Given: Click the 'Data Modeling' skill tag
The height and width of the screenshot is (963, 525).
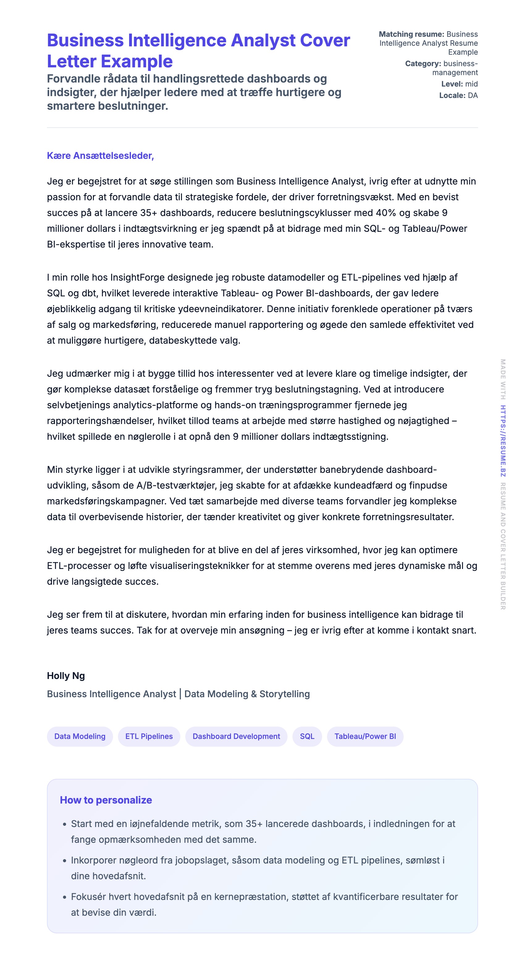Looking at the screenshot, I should [80, 736].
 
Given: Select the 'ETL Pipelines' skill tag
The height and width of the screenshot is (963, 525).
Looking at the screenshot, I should [149, 736].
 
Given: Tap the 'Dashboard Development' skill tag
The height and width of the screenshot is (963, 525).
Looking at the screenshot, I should [236, 736].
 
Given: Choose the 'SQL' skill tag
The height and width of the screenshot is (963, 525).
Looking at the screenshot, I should [307, 736].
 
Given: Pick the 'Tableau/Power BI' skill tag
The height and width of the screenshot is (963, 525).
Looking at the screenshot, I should [365, 736].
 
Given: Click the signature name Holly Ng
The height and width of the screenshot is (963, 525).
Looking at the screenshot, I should [66, 676].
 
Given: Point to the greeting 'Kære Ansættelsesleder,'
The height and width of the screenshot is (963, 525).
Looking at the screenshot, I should [100, 155].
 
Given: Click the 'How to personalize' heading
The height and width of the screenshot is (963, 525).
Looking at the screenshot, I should [106, 800].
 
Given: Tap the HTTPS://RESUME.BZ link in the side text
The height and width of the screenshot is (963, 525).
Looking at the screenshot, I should [503, 441].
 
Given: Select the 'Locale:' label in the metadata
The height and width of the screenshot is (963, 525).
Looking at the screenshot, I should [452, 95].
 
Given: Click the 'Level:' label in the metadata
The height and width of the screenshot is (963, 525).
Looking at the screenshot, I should [452, 84].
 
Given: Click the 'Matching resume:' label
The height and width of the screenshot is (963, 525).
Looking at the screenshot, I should [411, 34].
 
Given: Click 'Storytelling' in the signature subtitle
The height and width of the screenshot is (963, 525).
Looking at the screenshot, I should [284, 694].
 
